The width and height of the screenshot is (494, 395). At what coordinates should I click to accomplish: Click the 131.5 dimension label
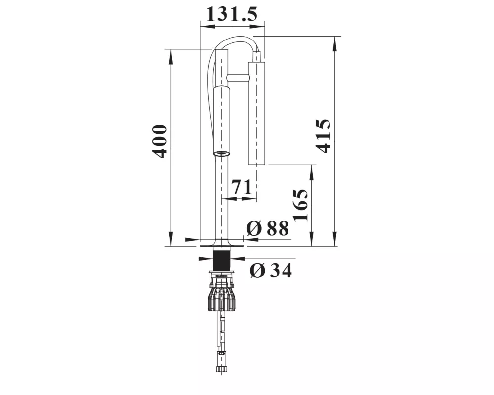pyautogui.click(x=232, y=14)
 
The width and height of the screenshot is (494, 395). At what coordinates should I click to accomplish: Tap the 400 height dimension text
pyautogui.click(x=160, y=141)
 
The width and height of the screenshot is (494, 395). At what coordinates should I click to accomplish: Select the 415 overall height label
pyautogui.click(x=323, y=136)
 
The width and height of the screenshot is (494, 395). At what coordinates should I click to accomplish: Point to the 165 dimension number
pyautogui.click(x=300, y=205)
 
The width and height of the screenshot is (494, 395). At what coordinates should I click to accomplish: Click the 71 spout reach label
pyautogui.click(x=242, y=187)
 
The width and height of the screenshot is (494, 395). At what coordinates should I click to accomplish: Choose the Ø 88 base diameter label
pyautogui.click(x=267, y=228)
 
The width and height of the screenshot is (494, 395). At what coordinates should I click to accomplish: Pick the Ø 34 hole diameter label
pyautogui.click(x=271, y=270)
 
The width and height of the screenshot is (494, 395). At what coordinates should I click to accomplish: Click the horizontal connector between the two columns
pyautogui.click(x=238, y=78)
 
